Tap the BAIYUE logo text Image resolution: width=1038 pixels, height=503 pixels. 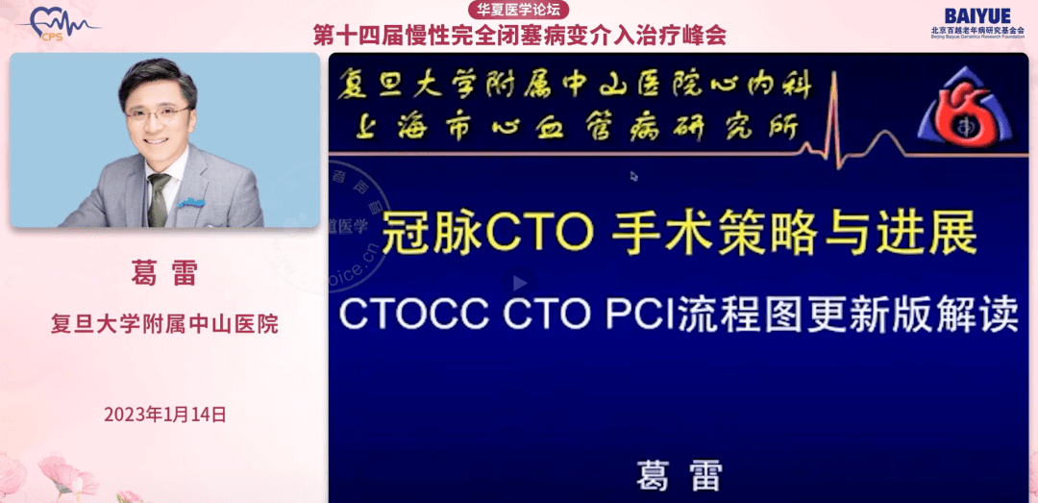[x=977, y=15]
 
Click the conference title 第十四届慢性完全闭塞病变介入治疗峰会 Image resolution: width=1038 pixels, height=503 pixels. [x=520, y=35]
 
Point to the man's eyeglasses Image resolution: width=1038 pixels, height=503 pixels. [x=157, y=114]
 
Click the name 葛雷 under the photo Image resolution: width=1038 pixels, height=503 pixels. [x=164, y=273]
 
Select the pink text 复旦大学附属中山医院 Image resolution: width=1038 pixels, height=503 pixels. [x=164, y=323]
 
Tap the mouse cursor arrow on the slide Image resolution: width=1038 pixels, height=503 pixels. [x=633, y=176]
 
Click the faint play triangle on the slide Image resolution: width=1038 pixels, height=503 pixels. [x=520, y=284]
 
